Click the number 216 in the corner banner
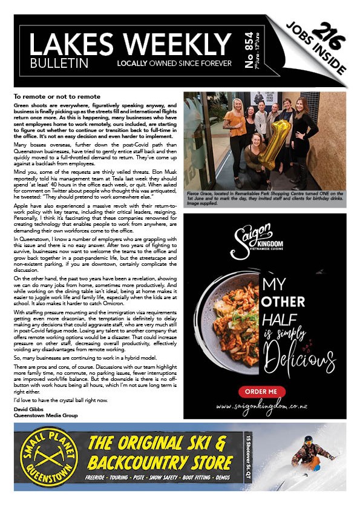(332, 38)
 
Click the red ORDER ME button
(261, 392)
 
